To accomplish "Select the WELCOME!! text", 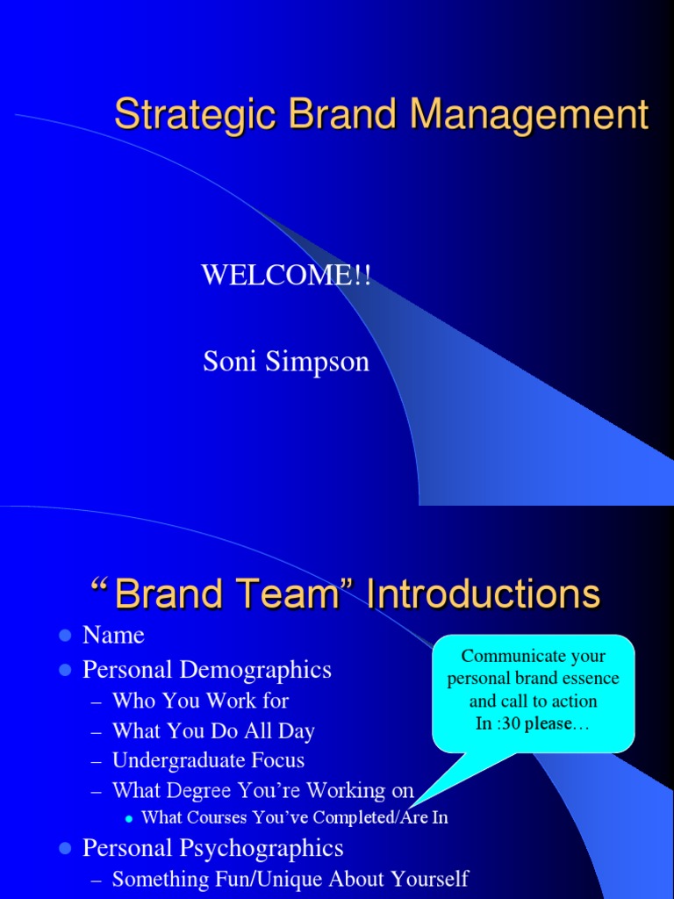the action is (x=286, y=275).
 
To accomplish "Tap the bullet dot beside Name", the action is (x=65, y=636).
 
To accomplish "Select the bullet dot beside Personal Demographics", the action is (x=65, y=670).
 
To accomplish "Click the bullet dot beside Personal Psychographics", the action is (x=65, y=848).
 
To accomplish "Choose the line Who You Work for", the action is (x=200, y=700).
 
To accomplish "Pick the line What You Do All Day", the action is (x=213, y=730).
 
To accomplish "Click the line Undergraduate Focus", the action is (x=208, y=760).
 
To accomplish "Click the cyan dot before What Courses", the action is (x=129, y=819).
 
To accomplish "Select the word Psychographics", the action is (x=262, y=849).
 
